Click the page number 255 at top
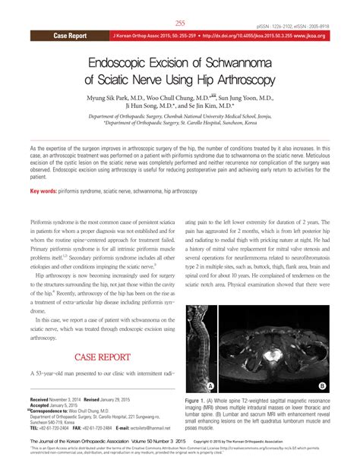180,24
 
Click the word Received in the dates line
44,398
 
